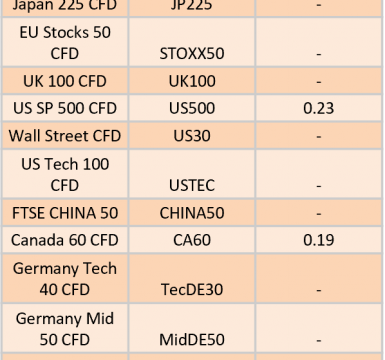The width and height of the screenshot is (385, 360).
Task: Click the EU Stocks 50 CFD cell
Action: point(65,43)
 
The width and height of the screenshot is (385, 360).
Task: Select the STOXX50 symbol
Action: point(192,54)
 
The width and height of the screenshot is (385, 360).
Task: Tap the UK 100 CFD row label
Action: point(65,81)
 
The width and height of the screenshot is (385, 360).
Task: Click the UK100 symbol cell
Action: point(192,81)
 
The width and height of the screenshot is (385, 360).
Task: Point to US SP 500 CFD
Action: point(65,108)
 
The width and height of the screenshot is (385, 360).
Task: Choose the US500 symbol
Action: point(192,108)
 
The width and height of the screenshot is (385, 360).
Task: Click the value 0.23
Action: point(319,108)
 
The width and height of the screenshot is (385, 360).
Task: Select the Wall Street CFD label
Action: point(65,136)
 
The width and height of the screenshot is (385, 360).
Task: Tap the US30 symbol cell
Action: point(192,136)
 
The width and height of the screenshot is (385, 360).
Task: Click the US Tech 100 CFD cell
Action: point(65,174)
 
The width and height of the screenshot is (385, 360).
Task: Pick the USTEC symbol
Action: point(192,185)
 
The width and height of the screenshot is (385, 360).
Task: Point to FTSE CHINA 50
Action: point(65,213)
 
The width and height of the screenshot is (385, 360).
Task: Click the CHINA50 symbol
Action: point(192,213)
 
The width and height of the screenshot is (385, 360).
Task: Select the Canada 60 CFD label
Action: point(65,240)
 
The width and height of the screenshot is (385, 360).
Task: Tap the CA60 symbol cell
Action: point(192,240)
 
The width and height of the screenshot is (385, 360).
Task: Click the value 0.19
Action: point(319,240)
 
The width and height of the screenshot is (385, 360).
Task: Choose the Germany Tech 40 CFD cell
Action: point(65,279)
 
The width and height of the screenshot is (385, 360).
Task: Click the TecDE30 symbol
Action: point(192,289)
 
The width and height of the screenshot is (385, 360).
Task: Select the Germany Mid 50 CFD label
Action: point(65,329)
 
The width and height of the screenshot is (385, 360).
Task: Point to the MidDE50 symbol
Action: point(192,340)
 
